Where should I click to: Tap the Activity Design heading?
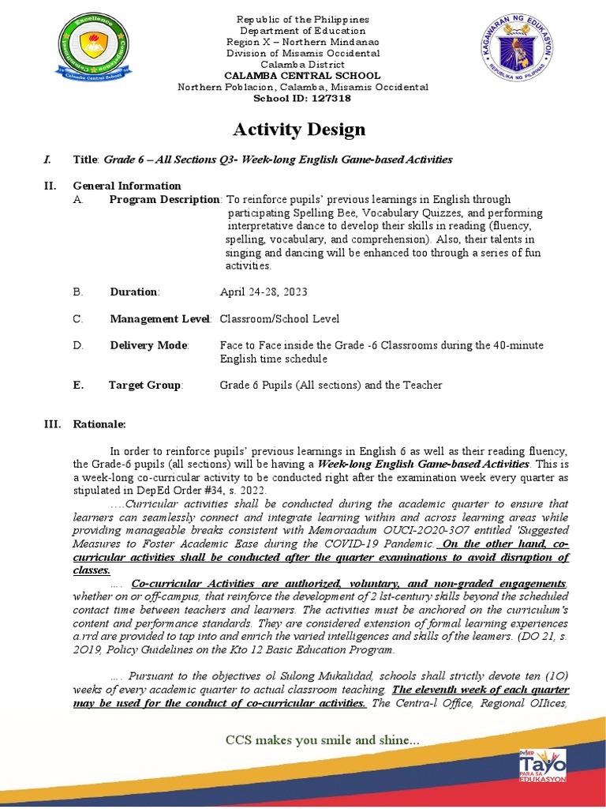(x=298, y=130)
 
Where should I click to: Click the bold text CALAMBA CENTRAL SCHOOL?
(x=303, y=76)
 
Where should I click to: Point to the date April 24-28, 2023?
(x=263, y=292)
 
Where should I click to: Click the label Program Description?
(x=164, y=199)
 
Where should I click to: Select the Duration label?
(x=133, y=292)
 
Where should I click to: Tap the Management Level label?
(x=159, y=319)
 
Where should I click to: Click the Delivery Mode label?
(x=149, y=345)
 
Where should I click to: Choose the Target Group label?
(x=145, y=386)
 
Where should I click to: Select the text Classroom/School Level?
(x=279, y=319)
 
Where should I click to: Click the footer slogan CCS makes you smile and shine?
(x=322, y=740)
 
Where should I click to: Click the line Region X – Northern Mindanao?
(x=303, y=42)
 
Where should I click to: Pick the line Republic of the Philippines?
(x=303, y=19)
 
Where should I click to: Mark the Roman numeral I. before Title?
(x=47, y=160)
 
